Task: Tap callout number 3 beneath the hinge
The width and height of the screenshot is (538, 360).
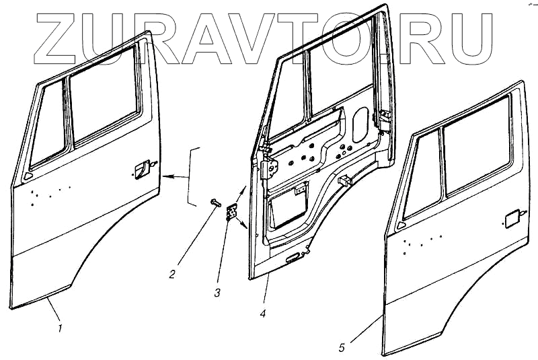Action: click(217, 293)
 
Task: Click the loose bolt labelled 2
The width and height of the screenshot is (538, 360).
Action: click(215, 201)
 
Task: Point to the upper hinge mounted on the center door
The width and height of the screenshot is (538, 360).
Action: click(269, 164)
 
